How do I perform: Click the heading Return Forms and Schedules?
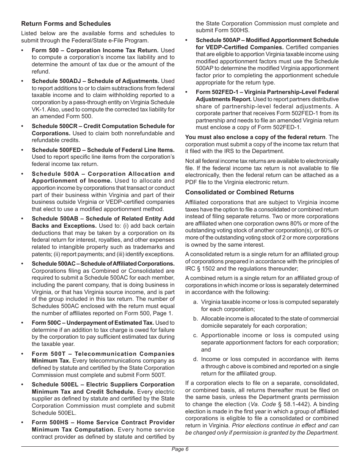tap(66, 24)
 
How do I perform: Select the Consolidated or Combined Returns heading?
tap(239, 192)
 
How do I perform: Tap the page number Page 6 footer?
tap(180, 449)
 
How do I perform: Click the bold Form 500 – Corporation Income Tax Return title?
tap(95, 50)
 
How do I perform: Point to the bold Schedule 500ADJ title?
tap(95, 81)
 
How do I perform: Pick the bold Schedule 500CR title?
tap(103, 126)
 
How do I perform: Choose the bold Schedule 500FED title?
tap(103, 150)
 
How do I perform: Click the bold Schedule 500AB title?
tap(103, 219)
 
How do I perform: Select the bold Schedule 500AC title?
tap(103, 264)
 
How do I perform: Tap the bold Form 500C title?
tap(93, 323)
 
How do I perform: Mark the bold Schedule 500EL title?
tap(103, 385)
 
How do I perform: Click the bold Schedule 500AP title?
tap(267, 40)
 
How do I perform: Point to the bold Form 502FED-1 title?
tap(267, 92)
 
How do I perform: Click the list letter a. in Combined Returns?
tap(196, 302)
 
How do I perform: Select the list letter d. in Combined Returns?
tap(196, 359)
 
